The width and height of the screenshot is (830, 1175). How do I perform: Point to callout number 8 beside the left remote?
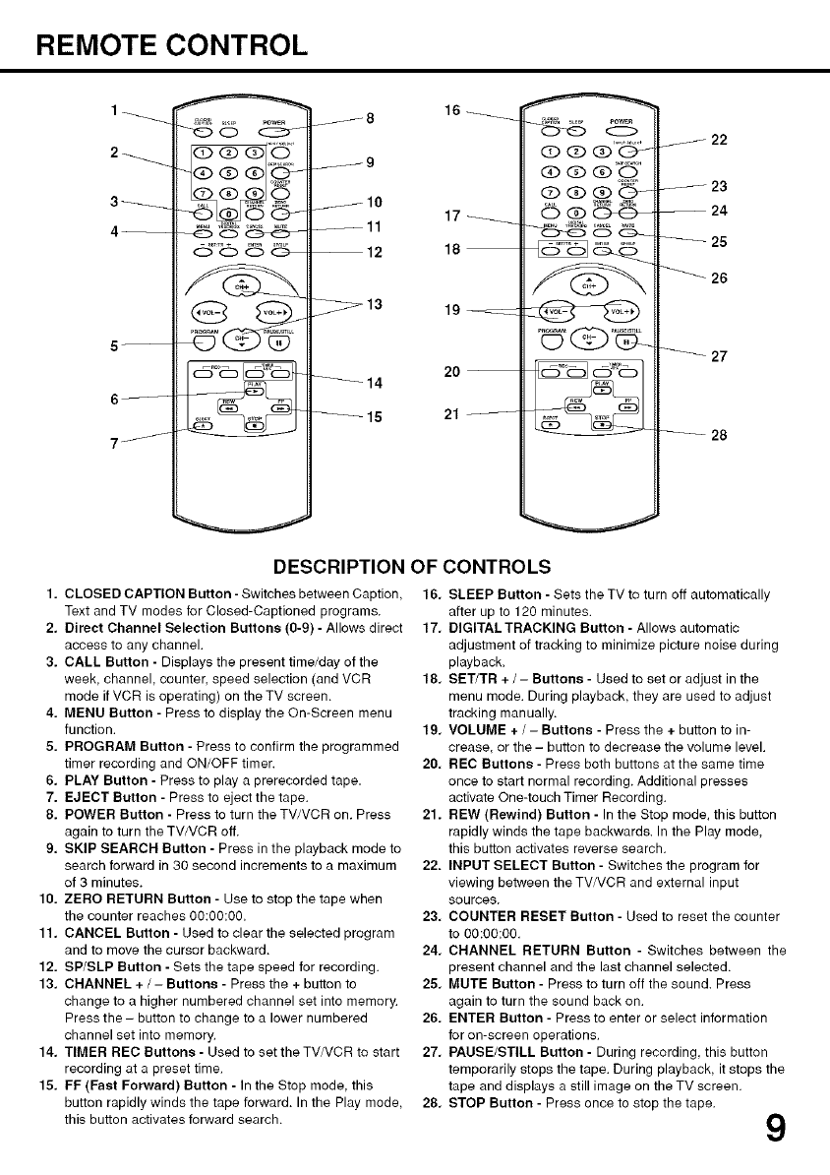click(370, 119)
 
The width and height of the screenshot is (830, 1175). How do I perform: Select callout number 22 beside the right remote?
click(719, 140)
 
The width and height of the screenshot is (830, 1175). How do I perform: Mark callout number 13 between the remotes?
click(374, 304)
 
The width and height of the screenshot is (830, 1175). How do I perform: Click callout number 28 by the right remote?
click(719, 437)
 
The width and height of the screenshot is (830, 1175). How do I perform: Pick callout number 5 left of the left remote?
click(117, 345)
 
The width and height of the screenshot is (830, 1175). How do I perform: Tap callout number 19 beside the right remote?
click(452, 311)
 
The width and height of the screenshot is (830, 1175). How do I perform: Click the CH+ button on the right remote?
click(589, 284)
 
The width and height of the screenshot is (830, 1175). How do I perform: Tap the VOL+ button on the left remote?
click(272, 314)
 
